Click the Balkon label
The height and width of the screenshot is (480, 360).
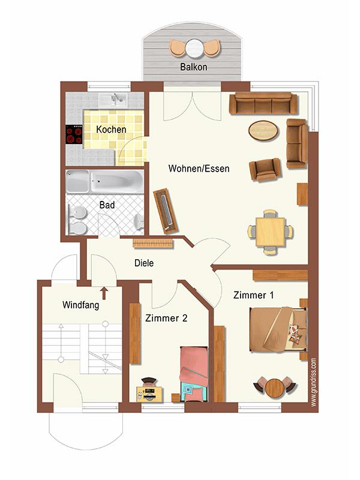coord(193,67)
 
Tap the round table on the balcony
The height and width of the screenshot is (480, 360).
coord(194,48)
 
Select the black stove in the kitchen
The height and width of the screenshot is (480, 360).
coord(74,134)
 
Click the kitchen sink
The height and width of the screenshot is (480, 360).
coord(113,100)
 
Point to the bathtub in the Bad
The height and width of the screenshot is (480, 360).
coord(117,182)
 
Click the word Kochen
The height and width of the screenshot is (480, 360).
coord(111,130)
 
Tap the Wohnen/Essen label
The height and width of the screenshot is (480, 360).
coord(199,169)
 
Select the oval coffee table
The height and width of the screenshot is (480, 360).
coord(263,130)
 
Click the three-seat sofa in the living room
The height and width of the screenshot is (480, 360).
coord(263,103)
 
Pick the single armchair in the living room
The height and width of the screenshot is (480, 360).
coord(265,170)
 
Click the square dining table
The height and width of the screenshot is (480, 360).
coord(271,232)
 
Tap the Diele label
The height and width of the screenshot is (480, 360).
coord(144,263)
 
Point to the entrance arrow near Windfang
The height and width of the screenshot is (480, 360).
coord(104,293)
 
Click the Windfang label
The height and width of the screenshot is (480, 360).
coord(81,305)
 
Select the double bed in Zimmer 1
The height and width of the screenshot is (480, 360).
coord(278,329)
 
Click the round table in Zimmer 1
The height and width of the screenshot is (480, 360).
coord(275,387)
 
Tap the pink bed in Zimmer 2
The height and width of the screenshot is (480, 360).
coord(194,374)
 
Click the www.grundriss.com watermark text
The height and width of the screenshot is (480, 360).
coord(313,383)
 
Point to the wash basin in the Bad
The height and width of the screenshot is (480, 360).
coord(139,221)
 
